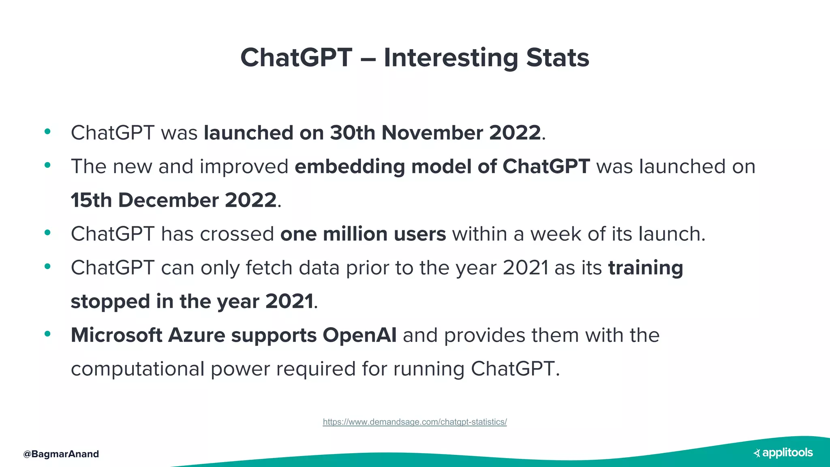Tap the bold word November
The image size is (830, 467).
click(432, 133)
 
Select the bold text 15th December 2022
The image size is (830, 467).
click(174, 200)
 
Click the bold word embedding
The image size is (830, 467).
click(349, 167)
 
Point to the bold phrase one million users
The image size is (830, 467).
click(363, 234)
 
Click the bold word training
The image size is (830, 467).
click(645, 268)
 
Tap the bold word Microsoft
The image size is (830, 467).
click(116, 335)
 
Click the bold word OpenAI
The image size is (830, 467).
click(359, 335)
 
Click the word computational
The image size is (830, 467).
click(137, 369)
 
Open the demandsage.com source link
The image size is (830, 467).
click(415, 422)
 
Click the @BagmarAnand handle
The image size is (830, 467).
click(61, 454)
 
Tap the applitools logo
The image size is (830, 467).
click(783, 453)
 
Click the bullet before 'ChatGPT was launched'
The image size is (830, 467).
click(47, 131)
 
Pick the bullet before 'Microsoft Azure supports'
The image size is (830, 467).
click(47, 334)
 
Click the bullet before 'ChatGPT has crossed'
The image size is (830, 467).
click(47, 232)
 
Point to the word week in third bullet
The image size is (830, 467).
click(556, 234)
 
